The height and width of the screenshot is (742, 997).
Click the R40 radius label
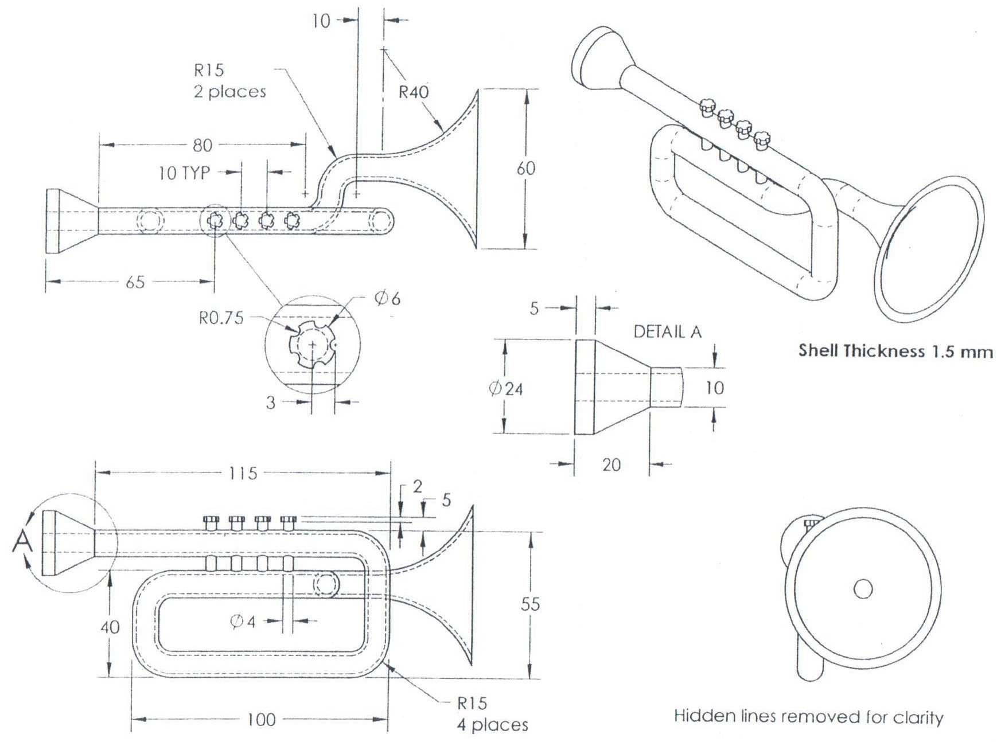pos(414,92)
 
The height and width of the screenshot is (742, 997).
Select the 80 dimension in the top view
pos(202,145)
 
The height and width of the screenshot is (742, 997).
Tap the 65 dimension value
pos(135,282)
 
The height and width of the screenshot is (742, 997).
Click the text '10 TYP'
pos(184,173)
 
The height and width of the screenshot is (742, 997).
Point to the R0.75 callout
pos(221,318)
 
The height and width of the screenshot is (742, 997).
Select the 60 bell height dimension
pos(525,168)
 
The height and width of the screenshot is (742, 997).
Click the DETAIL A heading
pos(667,331)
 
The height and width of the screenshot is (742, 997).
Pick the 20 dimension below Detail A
pos(612,464)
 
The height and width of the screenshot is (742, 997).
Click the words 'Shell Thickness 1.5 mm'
pos(895,351)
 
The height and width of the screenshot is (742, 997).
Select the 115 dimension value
pos(243,474)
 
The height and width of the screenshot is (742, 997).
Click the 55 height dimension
pos(530,604)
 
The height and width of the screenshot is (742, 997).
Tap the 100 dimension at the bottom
pos(261,720)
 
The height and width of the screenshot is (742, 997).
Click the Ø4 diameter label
pos(242,621)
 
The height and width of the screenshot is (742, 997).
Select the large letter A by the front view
pos(23,541)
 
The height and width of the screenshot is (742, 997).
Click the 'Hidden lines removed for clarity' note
pos(808,716)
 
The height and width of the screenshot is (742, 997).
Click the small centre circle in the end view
pos(863,589)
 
